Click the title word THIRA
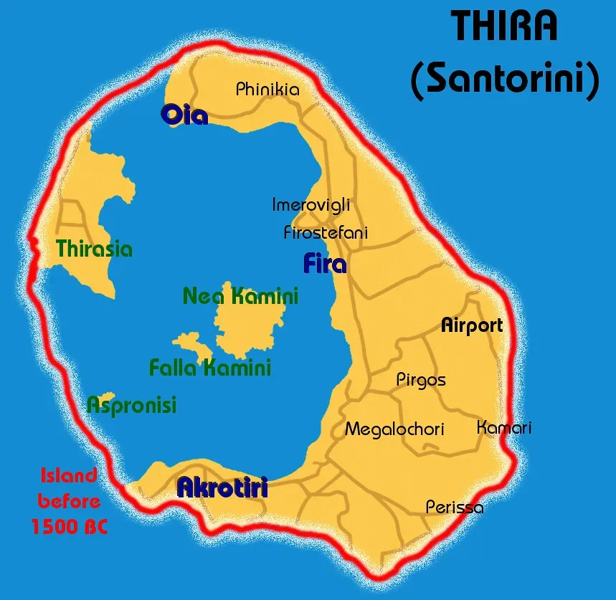[504, 27]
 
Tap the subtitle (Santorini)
[504, 80]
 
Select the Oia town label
[184, 114]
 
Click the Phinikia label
[267, 90]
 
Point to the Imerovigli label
[311, 205]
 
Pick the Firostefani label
[326, 232]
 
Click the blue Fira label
[325, 264]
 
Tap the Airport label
[471, 325]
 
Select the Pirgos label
[421, 380]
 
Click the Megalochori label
[394, 429]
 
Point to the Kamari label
[504, 428]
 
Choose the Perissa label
[455, 508]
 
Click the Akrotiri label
[222, 488]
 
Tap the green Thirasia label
[95, 249]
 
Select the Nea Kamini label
[240, 295]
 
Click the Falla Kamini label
[209, 368]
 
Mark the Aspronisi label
[131, 406]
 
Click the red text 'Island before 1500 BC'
[68, 501]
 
